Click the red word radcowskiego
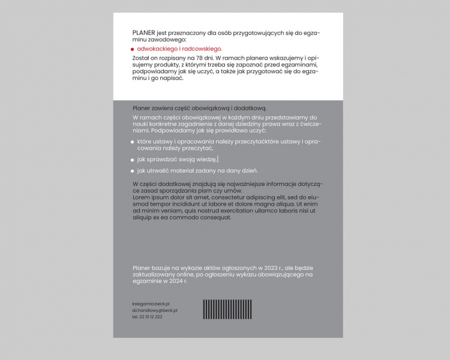[x=202, y=49]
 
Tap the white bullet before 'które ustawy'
[x=132, y=142]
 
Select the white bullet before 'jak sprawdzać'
[x=132, y=160]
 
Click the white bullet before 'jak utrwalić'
[x=132, y=171]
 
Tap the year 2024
[x=177, y=281]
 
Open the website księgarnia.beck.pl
[x=151, y=304]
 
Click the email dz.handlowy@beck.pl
[x=155, y=310]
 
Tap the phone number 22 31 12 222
[x=148, y=317]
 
